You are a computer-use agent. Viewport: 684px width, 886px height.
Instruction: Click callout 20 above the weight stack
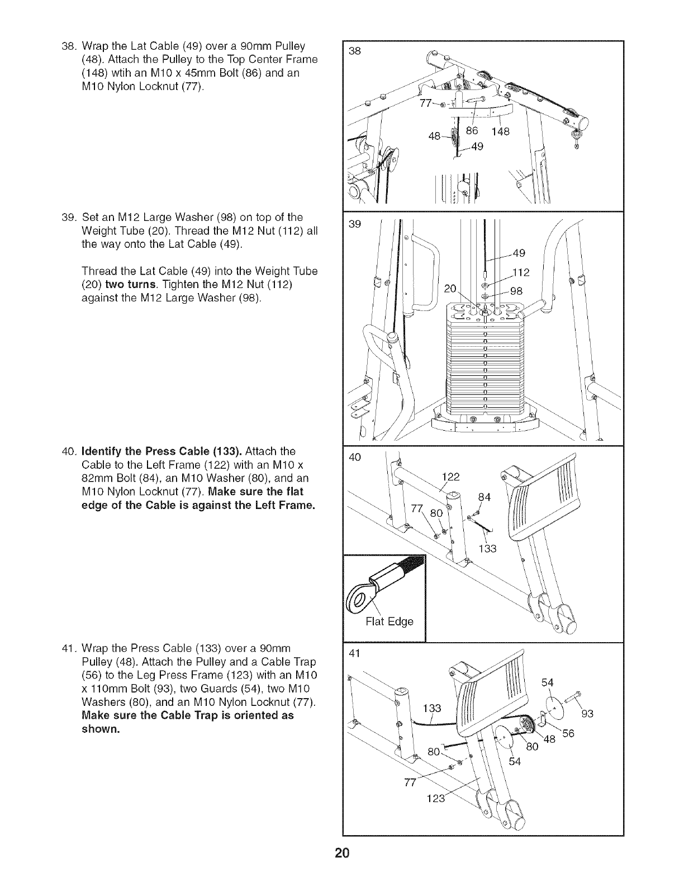(x=450, y=289)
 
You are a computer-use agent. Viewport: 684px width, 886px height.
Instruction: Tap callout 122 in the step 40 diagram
(x=450, y=477)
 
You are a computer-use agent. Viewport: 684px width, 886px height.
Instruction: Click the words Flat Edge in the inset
(x=389, y=621)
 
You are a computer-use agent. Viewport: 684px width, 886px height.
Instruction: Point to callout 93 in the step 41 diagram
(x=587, y=713)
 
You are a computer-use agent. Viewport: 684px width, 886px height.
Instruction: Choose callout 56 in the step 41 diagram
(x=568, y=734)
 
